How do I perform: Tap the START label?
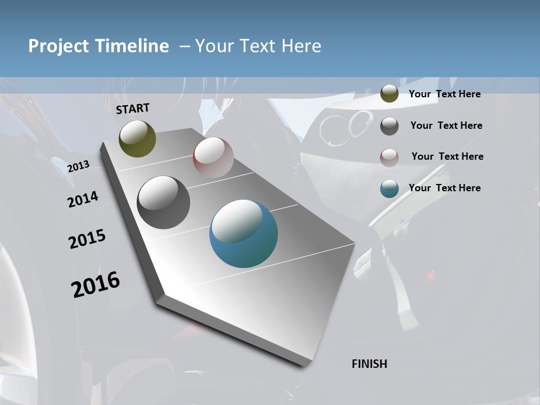133,109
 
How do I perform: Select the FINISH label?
370,364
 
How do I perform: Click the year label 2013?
79,166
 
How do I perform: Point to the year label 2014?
83,200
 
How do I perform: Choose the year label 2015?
87,239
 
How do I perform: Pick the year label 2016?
96,285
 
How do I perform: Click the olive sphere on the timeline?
137,138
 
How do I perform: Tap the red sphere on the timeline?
213,157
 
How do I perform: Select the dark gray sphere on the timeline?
164,202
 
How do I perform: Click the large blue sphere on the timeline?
244,233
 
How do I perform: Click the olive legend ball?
389,94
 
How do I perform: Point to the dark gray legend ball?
389,126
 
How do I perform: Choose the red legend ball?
389,157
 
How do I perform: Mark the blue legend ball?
389,189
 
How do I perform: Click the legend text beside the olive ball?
445,94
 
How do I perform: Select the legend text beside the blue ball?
445,188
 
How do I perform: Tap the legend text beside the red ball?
448,156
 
